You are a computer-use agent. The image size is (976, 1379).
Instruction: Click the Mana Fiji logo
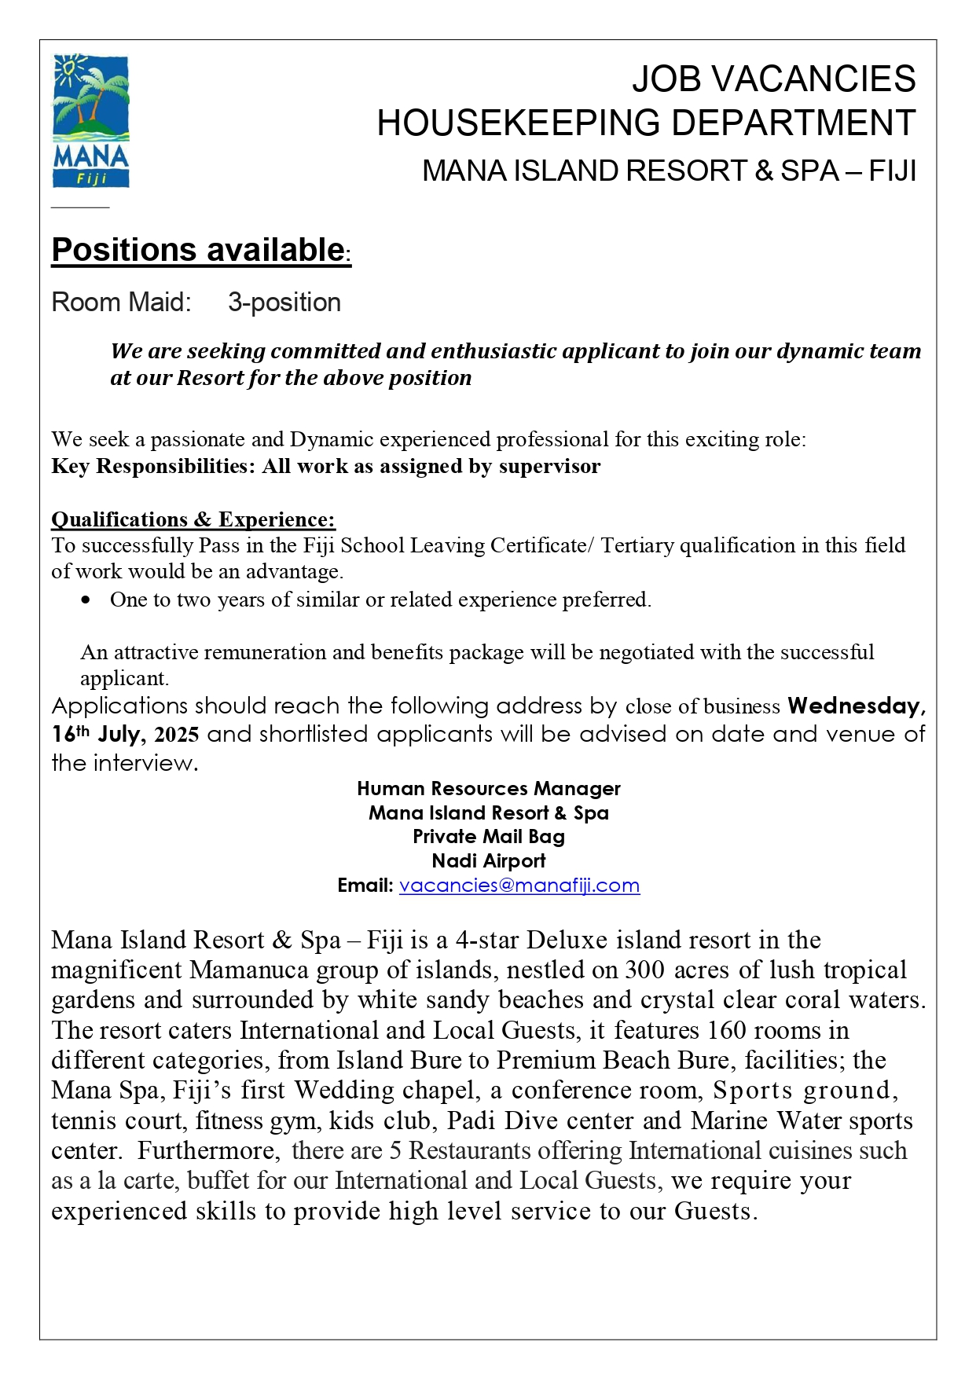point(90,122)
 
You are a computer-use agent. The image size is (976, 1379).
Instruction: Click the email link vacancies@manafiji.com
point(519,886)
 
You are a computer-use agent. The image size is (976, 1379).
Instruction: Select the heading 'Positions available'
point(198,250)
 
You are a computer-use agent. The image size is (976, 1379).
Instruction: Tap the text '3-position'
point(284,303)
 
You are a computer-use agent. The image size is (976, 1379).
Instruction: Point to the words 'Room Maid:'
point(121,303)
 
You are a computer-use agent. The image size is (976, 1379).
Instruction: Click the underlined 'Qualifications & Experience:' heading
point(193,519)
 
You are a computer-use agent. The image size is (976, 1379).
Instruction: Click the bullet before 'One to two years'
point(86,600)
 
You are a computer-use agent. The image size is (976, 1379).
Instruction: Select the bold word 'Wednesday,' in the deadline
point(857,706)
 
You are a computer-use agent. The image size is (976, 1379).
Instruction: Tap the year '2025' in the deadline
point(177,735)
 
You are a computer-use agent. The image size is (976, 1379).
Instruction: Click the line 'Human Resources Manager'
point(488,788)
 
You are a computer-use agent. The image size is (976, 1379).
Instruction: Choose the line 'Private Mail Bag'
point(488,837)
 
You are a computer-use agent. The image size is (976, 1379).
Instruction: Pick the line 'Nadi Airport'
point(488,861)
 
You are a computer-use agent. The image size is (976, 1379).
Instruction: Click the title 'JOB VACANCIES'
point(773,79)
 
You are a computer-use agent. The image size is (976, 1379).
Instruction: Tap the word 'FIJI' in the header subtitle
point(893,171)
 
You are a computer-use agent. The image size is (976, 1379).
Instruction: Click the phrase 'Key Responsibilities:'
point(153,467)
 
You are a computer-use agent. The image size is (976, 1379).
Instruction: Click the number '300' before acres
point(644,970)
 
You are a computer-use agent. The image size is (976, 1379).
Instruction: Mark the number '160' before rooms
point(727,1030)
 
